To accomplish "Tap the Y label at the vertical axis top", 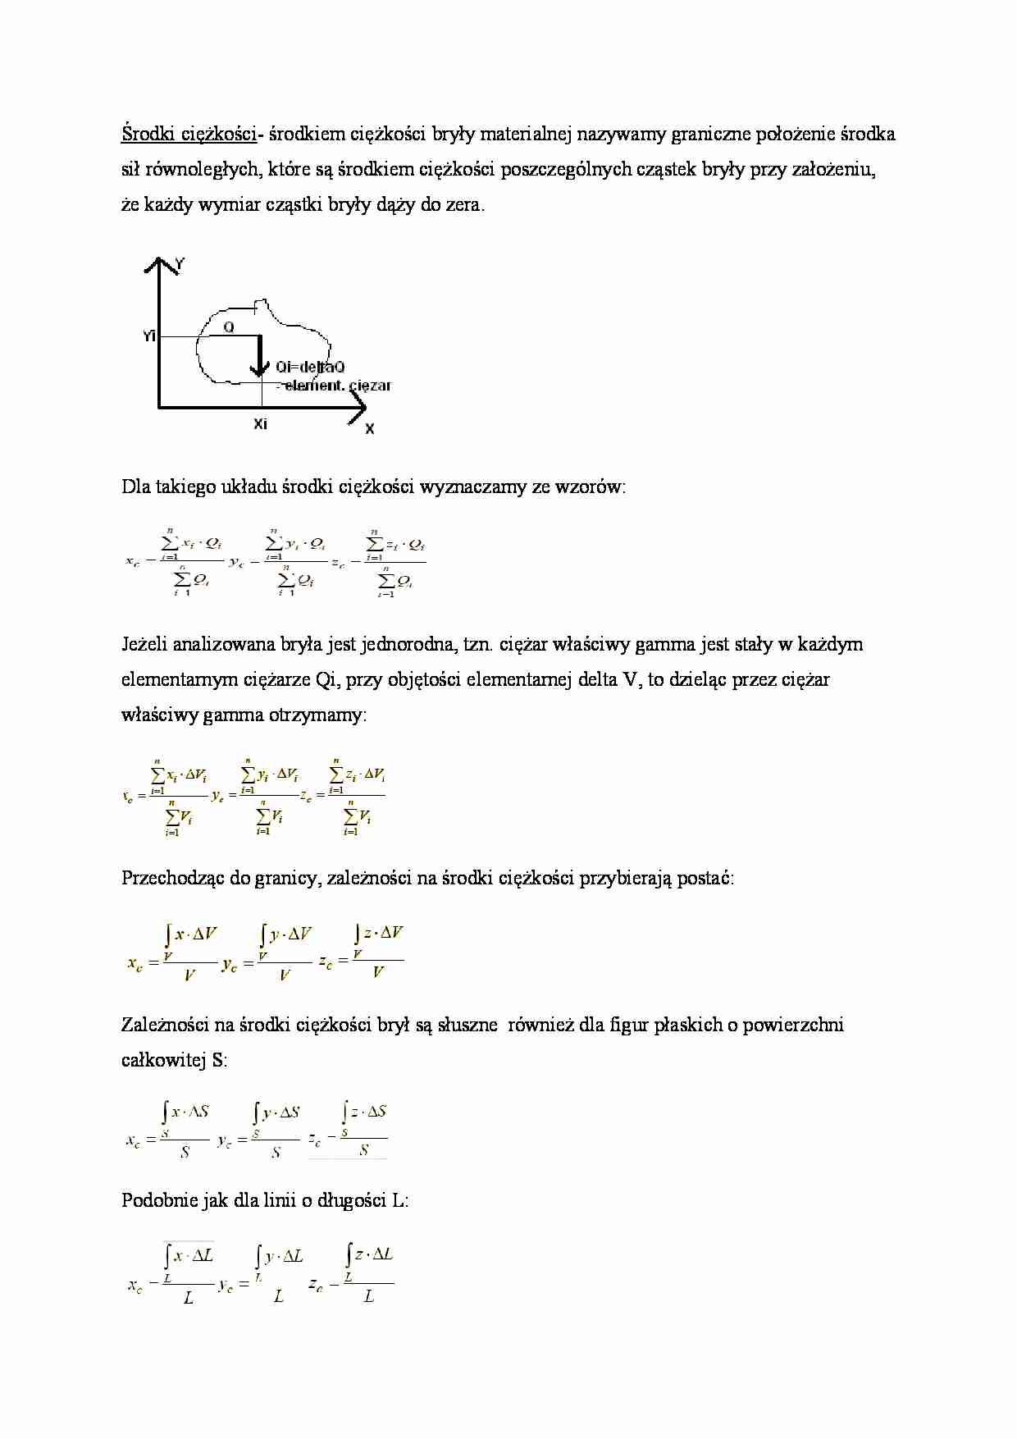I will click(x=180, y=264).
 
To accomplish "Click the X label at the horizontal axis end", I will click(x=370, y=429).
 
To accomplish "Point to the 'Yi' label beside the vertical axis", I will click(x=148, y=336).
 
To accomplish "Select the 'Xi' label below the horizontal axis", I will click(x=260, y=424).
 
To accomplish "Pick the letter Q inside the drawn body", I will click(x=229, y=327).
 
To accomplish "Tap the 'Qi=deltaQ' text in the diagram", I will click(x=310, y=367).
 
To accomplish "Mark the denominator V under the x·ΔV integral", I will click(x=189, y=975).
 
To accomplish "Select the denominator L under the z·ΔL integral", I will click(x=369, y=1297).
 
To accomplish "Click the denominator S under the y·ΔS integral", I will click(x=276, y=1153).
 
